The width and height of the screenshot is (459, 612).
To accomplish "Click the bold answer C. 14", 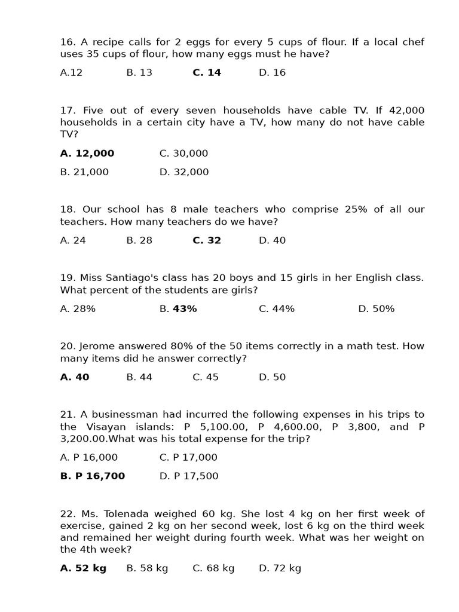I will [207, 73].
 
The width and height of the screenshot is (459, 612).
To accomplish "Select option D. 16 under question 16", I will [272, 73].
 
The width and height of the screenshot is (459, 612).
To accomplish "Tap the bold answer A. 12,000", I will [87, 154].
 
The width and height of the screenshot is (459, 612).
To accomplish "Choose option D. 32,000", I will [184, 172].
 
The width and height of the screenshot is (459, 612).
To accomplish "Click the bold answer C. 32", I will [207, 240].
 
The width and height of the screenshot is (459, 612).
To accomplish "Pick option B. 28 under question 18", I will [139, 240].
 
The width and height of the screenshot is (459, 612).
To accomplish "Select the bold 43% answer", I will [185, 309].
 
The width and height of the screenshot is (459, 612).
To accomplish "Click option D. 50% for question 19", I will [376, 309].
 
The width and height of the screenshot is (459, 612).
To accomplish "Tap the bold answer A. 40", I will [75, 377].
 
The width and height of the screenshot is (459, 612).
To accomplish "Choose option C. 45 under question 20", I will [206, 377].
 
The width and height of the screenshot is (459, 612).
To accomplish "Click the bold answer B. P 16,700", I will [93, 476].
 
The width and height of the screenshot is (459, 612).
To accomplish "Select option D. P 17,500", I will [189, 476].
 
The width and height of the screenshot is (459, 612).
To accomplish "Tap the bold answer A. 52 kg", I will [83, 568].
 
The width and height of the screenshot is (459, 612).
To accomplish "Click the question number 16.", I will [67, 42].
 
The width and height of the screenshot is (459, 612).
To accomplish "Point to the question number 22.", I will [68, 514].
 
